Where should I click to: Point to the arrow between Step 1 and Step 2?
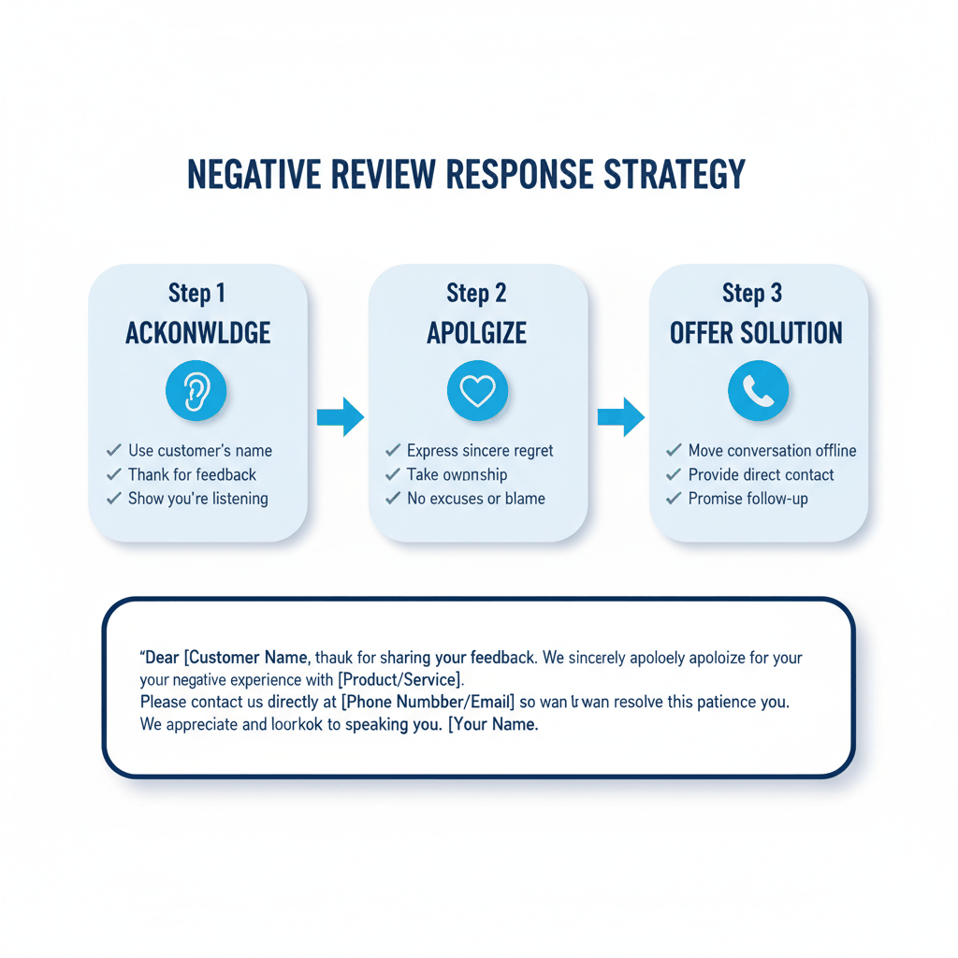[x=340, y=416]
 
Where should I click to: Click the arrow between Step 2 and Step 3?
[x=620, y=416]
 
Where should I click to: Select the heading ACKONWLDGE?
[x=197, y=333]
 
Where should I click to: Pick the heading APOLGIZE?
[x=478, y=333]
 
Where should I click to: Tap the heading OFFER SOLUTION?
[x=757, y=333]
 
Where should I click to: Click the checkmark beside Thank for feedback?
[x=114, y=474]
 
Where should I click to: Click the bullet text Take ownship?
[x=457, y=474]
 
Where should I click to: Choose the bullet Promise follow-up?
[x=748, y=499]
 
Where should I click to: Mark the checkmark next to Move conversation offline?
[x=674, y=450]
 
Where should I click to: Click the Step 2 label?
[x=477, y=293]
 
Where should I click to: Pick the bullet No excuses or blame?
[x=475, y=499]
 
